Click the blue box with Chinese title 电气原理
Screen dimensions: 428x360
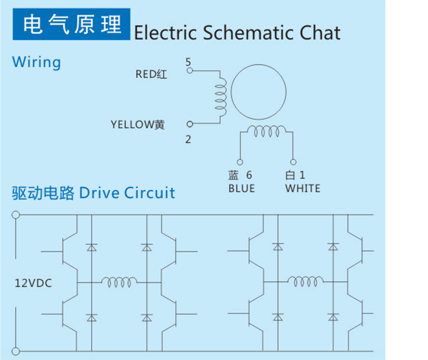click(71, 24)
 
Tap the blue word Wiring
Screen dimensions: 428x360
click(37, 63)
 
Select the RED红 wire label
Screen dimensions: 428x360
click(151, 74)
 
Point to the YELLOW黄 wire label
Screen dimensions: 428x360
click(137, 125)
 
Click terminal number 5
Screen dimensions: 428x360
click(188, 62)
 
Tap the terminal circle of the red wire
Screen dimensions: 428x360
click(190, 70)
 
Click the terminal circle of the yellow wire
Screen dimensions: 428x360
click(190, 124)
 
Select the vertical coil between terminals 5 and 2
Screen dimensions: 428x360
click(221, 97)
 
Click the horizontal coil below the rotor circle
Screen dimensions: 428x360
click(266, 131)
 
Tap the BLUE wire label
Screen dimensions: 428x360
click(242, 189)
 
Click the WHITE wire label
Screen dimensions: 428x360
click(302, 189)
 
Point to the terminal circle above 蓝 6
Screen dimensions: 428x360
click(240, 162)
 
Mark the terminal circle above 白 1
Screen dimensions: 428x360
click(293, 162)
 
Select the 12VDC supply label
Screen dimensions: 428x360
click(33, 283)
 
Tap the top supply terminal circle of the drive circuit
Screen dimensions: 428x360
click(16, 215)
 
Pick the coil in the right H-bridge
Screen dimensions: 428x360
click(306, 281)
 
